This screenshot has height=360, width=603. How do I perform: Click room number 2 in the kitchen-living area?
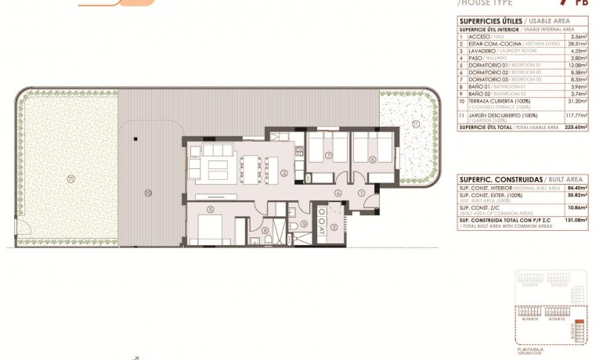coord(284,173)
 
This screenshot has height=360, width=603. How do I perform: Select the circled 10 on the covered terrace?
coord(147,192)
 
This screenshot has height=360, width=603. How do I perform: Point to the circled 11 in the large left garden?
coord(70,178)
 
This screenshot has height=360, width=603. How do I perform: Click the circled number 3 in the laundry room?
coord(334,227)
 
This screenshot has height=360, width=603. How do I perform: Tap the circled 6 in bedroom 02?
coord(373,160)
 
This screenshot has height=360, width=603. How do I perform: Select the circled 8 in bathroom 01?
coord(265,229)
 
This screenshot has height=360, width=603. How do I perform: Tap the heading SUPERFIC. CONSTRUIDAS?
coord(494,179)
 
